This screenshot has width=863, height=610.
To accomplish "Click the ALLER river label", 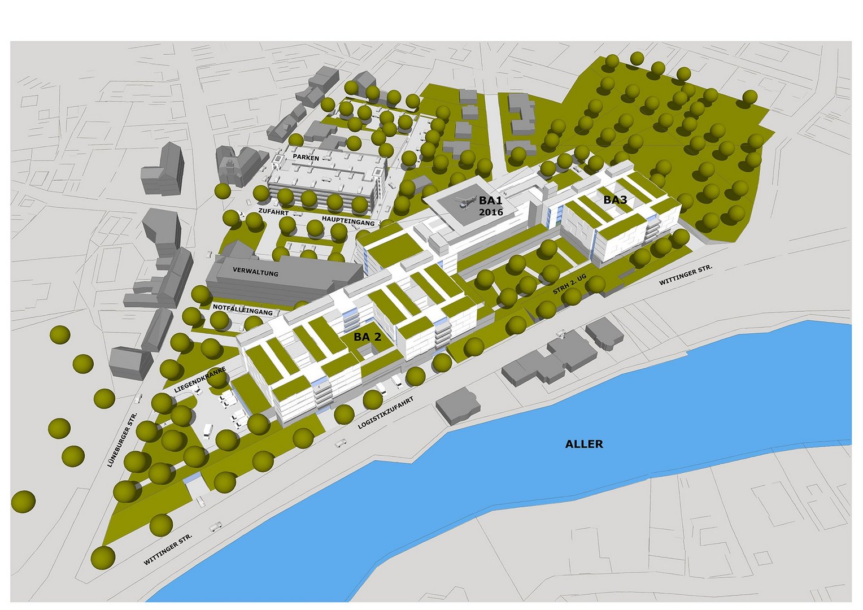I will [x=584, y=444].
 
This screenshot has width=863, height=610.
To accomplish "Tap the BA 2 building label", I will [x=367, y=337].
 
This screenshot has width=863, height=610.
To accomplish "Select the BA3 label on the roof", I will [x=615, y=200].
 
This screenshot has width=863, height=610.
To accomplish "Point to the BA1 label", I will [x=490, y=200].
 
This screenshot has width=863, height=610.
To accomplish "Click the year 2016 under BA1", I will [x=490, y=212].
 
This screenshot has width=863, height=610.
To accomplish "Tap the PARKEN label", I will [x=306, y=158].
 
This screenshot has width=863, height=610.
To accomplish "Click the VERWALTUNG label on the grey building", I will [x=255, y=272].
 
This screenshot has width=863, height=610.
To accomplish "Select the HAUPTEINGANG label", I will [x=348, y=220].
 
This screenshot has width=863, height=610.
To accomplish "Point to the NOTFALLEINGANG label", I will [x=242, y=310].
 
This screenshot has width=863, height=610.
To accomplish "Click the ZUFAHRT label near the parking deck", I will [x=273, y=212].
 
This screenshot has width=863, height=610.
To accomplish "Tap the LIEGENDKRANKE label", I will [x=200, y=380].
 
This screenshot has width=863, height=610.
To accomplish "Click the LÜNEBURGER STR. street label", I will [x=123, y=439].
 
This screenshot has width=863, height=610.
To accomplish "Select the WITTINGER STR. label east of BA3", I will [x=686, y=274].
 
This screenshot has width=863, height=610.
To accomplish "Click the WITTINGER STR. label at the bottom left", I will [x=168, y=549].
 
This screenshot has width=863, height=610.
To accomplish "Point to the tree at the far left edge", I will [x=23, y=502].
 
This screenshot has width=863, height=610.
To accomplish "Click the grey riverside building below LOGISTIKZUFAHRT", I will [x=459, y=404].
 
